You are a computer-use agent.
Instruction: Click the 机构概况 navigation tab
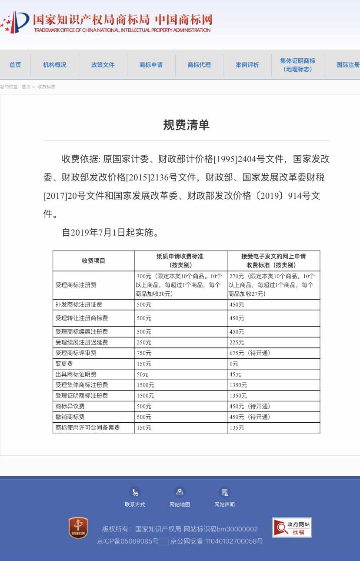tap(55, 65)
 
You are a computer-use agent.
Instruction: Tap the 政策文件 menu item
tap(103, 65)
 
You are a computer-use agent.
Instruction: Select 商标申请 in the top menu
tap(151, 65)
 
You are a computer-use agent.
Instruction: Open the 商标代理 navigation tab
tap(199, 65)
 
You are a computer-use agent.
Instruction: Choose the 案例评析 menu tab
tap(247, 65)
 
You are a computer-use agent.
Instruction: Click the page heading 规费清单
tap(186, 125)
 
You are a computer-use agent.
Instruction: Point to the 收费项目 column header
tap(93, 261)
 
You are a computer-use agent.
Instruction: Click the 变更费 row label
tap(64, 364)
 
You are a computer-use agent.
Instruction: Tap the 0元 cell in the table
tap(234, 364)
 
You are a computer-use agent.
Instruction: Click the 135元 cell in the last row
tap(237, 428)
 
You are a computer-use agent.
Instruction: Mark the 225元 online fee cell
tap(237, 342)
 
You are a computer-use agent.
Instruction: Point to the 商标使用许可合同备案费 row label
tap(87, 428)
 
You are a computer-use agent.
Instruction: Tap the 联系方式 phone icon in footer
tap(135, 492)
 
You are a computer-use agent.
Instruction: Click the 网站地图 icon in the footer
tap(180, 492)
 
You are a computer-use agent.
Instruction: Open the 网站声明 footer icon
tap(224, 492)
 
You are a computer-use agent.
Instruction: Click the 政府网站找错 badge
tap(292, 528)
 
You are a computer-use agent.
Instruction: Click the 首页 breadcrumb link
tap(26, 87)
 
